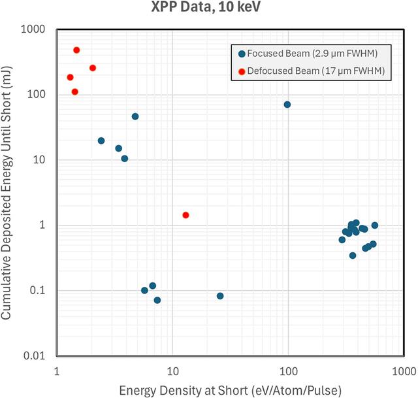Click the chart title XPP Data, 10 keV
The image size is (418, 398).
[x=206, y=7]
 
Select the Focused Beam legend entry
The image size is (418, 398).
[x=308, y=54]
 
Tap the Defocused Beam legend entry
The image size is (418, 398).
[x=312, y=71]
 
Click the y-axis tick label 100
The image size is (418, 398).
[x=37, y=94]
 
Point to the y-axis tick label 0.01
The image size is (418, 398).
[x=34, y=356]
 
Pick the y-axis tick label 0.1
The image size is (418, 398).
[x=37, y=290]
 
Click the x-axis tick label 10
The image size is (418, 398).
[x=172, y=371]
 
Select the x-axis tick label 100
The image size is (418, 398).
[x=289, y=371]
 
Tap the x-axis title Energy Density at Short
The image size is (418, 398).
[x=184, y=391]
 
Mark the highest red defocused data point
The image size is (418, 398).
[x=76, y=50]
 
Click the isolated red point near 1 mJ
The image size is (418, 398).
[x=185, y=215]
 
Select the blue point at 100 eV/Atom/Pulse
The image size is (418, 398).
[x=287, y=105]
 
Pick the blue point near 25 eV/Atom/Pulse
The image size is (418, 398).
[x=220, y=296]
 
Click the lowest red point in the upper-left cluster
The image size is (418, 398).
[x=75, y=91]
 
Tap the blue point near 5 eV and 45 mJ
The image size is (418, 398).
[x=135, y=116]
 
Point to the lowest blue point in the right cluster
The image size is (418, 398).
[x=353, y=256]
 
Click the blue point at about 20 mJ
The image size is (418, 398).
[x=101, y=141]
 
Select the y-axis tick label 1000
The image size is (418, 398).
[x=33, y=29]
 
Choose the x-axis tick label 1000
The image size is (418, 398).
[x=404, y=371]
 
